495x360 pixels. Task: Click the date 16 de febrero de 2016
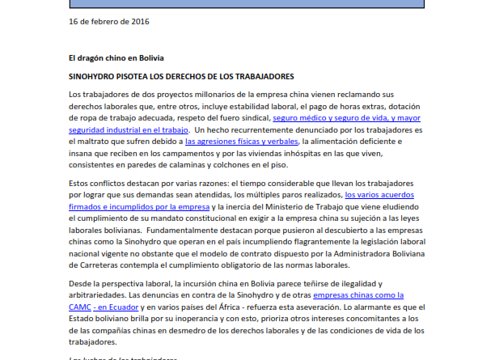pyautogui.click(x=108, y=22)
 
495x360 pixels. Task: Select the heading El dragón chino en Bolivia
pyautogui.click(x=116, y=57)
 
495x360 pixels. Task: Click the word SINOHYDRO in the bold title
pyautogui.click(x=95, y=76)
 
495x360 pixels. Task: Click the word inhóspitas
pyautogui.click(x=348, y=153)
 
